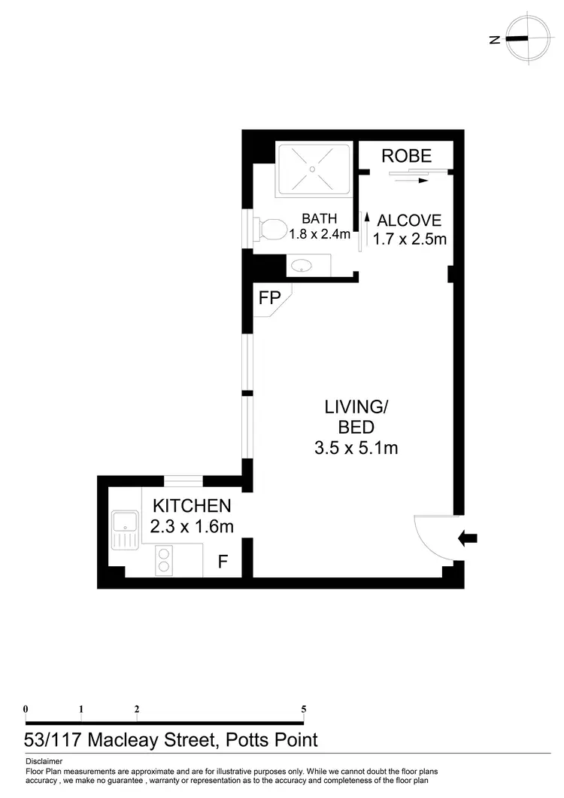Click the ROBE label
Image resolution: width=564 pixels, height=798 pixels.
[x=406, y=156]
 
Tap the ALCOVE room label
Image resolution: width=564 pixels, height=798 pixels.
[x=409, y=221]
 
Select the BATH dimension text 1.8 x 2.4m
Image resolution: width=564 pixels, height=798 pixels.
[x=320, y=233]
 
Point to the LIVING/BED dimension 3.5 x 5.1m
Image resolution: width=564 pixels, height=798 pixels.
[x=356, y=449]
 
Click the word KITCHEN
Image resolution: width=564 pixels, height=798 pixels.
[x=192, y=505]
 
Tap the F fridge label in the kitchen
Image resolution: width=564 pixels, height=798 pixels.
[x=223, y=561]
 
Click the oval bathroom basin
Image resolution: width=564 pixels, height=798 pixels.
[x=302, y=265]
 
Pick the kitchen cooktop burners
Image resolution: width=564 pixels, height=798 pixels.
[x=164, y=562]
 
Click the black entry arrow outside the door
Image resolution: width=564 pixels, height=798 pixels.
[x=467, y=538]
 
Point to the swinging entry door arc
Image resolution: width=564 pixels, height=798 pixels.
[x=432, y=537]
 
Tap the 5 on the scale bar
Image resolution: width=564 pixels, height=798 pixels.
[x=304, y=709]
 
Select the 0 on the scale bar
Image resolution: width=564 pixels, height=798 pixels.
[x=26, y=709]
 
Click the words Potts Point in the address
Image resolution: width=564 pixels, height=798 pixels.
[x=271, y=739]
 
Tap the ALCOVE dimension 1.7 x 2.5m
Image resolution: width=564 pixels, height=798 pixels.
[x=410, y=240]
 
